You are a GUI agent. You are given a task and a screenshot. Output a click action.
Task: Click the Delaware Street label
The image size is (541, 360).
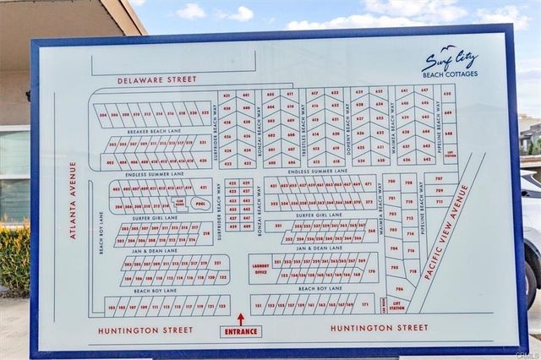click(x=156, y=79)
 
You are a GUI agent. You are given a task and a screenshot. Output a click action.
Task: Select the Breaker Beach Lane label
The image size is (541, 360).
click(x=155, y=131)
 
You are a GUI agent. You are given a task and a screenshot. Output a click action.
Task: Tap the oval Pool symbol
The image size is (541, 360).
click(x=200, y=204)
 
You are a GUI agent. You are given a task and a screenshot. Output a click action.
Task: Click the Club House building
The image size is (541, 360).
click(x=179, y=204)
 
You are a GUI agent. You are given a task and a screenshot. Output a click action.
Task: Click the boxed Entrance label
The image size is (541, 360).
click(x=240, y=331)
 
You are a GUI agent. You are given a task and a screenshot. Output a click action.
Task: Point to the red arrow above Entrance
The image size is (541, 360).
click(x=240, y=319)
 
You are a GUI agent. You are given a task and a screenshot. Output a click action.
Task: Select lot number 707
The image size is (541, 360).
click(x=439, y=179)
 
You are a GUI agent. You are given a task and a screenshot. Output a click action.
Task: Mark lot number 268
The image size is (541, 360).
click(x=370, y=230)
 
